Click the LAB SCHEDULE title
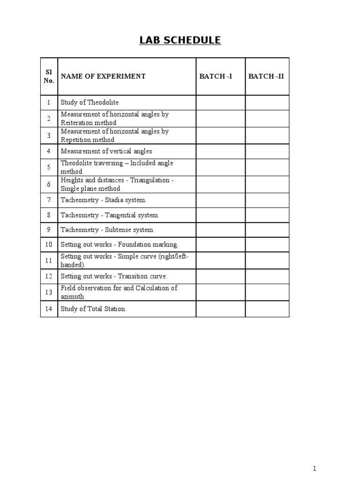[180, 40]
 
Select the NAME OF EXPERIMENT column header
[103, 76]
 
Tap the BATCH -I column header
[216, 76]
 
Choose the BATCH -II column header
[266, 76]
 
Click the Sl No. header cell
[49, 76]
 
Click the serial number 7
[49, 200]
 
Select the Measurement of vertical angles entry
[106, 151]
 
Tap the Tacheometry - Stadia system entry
[104, 200]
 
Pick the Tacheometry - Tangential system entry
[110, 215]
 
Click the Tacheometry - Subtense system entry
[107, 230]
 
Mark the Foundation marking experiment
[120, 245]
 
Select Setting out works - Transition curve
[114, 277]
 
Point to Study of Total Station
[94, 309]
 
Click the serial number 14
[49, 309]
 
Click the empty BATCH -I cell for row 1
[220, 102]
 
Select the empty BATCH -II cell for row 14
[267, 309]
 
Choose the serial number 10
[49, 245]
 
